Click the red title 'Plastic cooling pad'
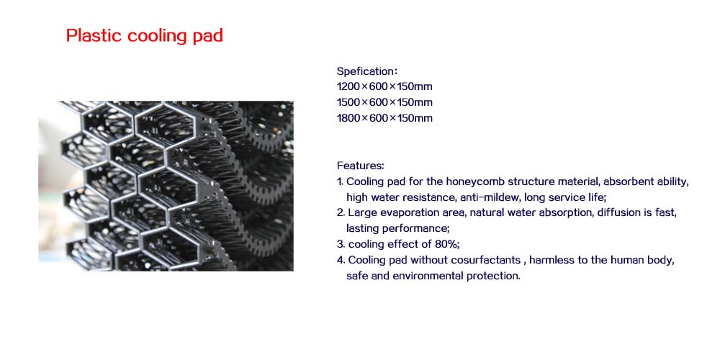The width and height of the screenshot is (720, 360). [x=145, y=36]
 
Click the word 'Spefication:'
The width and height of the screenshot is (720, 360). [x=367, y=71]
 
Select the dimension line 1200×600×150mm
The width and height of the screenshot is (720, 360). [x=384, y=86]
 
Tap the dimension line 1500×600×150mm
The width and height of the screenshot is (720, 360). [x=384, y=102]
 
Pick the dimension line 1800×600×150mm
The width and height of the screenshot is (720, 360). [x=384, y=118]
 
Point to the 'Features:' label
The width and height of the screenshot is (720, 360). [x=361, y=166]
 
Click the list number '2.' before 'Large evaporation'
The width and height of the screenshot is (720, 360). [x=341, y=213]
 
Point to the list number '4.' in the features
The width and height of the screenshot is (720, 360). [x=341, y=260]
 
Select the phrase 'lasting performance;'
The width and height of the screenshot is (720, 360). [x=397, y=229]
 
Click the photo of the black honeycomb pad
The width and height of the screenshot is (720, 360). [x=166, y=186]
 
